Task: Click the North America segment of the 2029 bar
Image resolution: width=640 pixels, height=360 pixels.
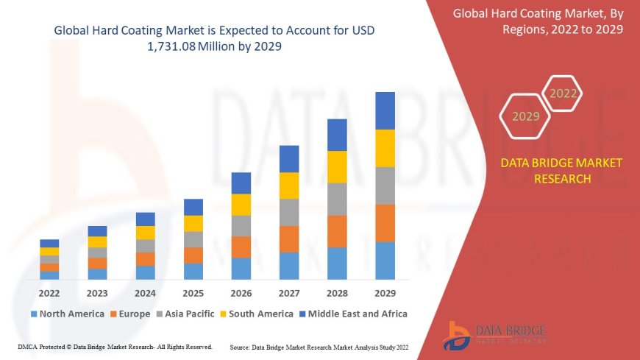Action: (385, 261)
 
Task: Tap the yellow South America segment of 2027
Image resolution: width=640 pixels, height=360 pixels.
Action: (289, 186)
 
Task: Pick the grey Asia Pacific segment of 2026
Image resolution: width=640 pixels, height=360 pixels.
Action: (241, 225)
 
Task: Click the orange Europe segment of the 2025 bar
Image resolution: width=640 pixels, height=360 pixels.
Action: (193, 255)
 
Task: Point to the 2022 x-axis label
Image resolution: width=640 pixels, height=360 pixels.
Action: (49, 293)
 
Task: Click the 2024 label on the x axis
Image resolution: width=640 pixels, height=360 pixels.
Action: (145, 293)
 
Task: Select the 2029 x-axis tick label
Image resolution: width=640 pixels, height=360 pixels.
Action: (385, 293)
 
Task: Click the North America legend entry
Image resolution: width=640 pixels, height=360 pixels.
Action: (67, 314)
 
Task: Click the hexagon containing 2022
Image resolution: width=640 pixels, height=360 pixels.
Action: (563, 93)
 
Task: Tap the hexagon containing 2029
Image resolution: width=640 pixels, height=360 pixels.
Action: (525, 116)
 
